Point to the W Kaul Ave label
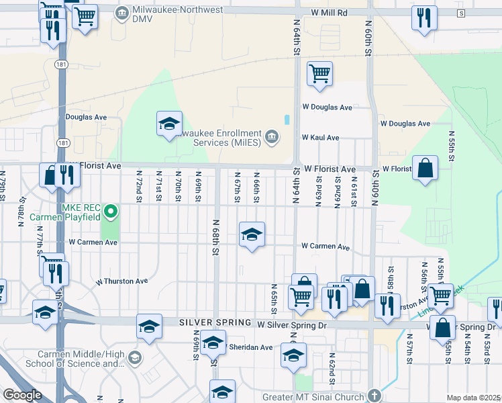click(320, 137)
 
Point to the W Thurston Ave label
click(122, 281)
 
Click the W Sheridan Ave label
click(248, 347)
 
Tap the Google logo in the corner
click(22, 395)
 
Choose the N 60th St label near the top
click(368, 40)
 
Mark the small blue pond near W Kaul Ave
click(287, 120)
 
